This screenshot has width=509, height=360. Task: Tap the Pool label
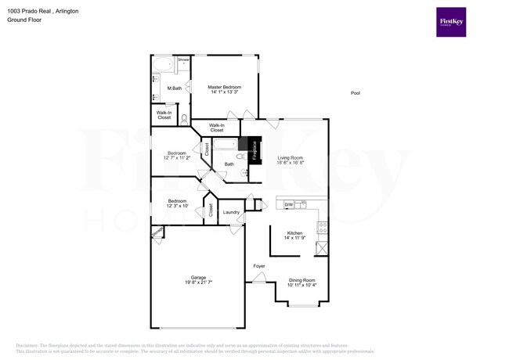click(355, 93)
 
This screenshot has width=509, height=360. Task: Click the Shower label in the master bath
click(183, 59)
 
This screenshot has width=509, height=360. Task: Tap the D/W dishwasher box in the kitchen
click(288, 205)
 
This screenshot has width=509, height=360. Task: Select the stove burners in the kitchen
click(321, 228)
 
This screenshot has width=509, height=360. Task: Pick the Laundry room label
click(231, 212)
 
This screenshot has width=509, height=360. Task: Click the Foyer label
click(259, 266)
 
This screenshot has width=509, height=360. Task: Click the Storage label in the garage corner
click(157, 232)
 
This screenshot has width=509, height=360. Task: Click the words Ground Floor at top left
click(23, 20)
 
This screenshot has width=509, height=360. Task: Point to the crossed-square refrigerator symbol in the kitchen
click(321, 248)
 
